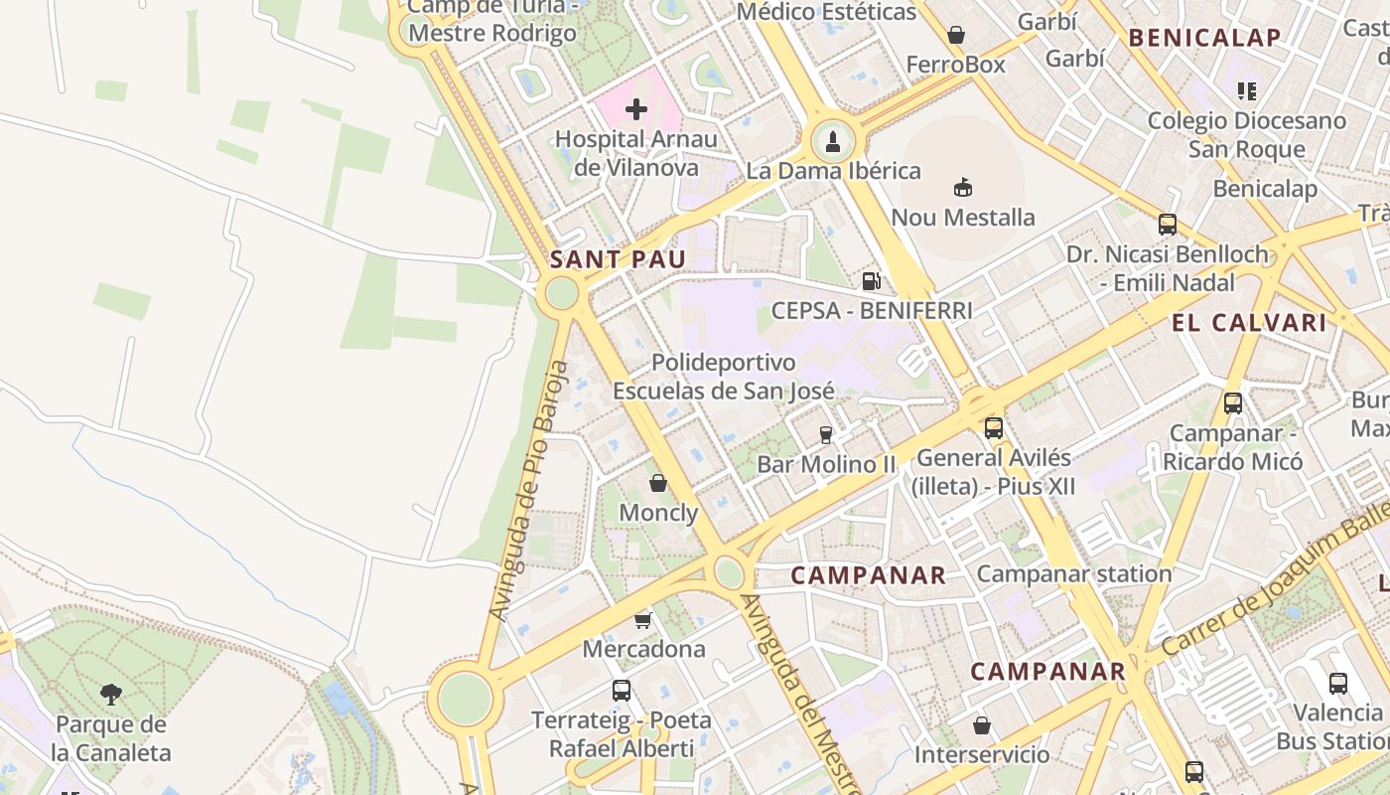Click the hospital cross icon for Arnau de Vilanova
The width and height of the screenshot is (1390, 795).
point(636,108)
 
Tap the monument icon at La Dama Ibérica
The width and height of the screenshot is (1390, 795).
point(832,141)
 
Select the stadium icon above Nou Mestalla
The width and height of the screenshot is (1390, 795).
point(962,187)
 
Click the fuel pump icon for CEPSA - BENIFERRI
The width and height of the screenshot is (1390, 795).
point(871,281)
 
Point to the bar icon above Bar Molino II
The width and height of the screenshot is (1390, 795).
point(825,434)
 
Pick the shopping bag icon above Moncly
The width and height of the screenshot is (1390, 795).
point(657,484)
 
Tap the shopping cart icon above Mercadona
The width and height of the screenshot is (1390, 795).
point(642,620)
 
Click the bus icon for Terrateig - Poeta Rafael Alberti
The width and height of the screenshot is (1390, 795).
point(622,690)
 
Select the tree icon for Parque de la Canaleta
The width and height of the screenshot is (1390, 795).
point(111,694)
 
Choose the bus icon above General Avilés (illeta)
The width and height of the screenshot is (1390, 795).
point(993,428)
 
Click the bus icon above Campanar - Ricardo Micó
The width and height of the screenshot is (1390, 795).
point(1233,403)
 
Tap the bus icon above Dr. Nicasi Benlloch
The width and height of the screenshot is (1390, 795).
point(1168,225)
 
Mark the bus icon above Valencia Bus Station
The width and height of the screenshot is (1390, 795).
point(1338,684)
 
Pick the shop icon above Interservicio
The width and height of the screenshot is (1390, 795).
point(981,725)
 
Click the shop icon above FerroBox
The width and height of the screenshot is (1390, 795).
point(956,36)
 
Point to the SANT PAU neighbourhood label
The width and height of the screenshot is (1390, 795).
point(618,259)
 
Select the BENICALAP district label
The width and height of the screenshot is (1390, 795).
point(1205,38)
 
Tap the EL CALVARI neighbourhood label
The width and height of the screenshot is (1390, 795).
point(1249,322)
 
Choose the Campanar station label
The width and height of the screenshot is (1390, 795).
point(1074,573)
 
